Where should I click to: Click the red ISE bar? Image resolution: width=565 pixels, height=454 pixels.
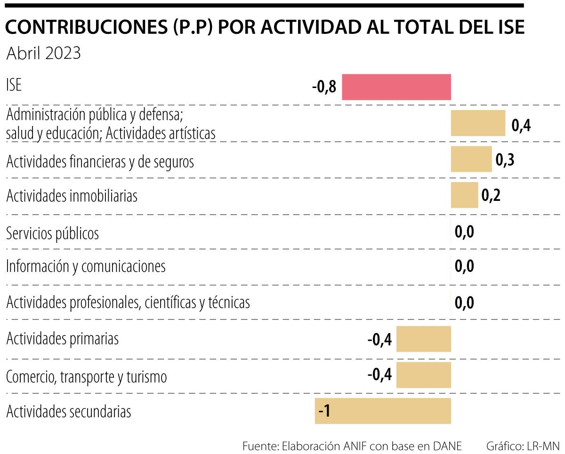(x=396, y=87)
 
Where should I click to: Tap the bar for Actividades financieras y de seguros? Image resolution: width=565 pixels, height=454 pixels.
(x=471, y=159)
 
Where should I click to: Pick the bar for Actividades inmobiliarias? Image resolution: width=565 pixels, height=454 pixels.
(x=464, y=195)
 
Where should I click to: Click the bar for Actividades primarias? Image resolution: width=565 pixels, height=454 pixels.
(x=423, y=339)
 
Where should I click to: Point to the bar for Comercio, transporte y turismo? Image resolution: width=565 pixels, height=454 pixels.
(x=423, y=374)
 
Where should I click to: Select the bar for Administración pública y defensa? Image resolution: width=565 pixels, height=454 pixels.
(x=478, y=123)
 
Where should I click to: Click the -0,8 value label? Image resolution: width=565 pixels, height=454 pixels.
(x=324, y=87)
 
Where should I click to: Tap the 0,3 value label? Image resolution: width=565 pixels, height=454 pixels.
(x=505, y=159)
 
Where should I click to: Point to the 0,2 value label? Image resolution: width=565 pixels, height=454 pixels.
(x=491, y=195)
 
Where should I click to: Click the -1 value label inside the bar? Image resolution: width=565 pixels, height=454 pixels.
(x=324, y=411)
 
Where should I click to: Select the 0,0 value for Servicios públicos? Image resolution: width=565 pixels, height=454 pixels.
(x=464, y=232)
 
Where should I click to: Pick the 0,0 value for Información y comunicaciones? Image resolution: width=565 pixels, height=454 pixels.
(x=464, y=266)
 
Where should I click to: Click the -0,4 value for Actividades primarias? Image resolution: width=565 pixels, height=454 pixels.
(x=379, y=339)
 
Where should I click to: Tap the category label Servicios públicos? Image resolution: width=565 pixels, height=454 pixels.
(x=52, y=233)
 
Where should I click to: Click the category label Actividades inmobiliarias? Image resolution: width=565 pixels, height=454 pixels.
(x=72, y=195)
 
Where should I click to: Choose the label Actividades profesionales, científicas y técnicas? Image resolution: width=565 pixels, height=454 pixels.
(x=128, y=302)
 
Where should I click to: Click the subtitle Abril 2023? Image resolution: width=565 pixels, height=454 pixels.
(x=43, y=53)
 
